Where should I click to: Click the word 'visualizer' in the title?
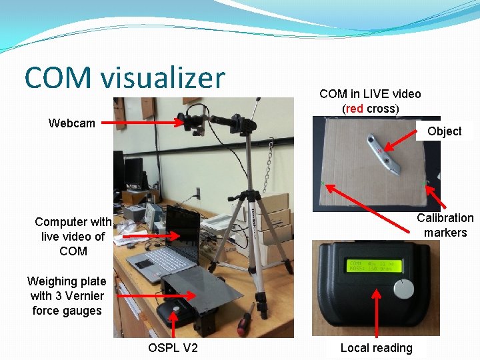pyautogui.click(x=163, y=78)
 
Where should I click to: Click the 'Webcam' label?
pyautogui.click(x=72, y=123)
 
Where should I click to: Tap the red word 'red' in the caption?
pyautogui.click(x=355, y=109)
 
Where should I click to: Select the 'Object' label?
pyautogui.click(x=444, y=131)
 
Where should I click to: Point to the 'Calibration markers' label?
pyautogui.click(x=445, y=225)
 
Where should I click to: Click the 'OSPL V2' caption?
pyautogui.click(x=173, y=348)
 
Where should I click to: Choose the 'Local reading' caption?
pyautogui.click(x=376, y=347)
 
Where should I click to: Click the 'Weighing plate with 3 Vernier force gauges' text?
pyautogui.click(x=67, y=296)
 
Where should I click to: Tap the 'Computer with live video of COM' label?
pyautogui.click(x=73, y=236)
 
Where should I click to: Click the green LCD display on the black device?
pyautogui.click(x=377, y=266)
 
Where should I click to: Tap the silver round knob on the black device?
pyautogui.click(x=403, y=288)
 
